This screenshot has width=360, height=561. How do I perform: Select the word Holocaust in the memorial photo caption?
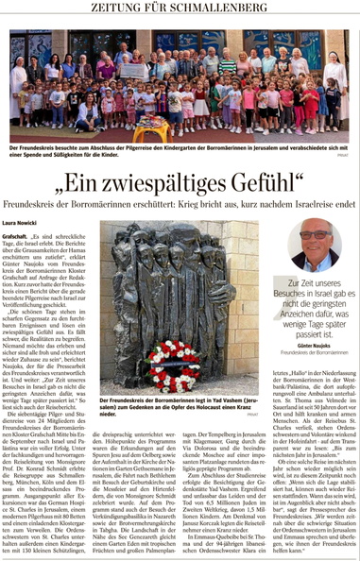[x=223, y=406]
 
